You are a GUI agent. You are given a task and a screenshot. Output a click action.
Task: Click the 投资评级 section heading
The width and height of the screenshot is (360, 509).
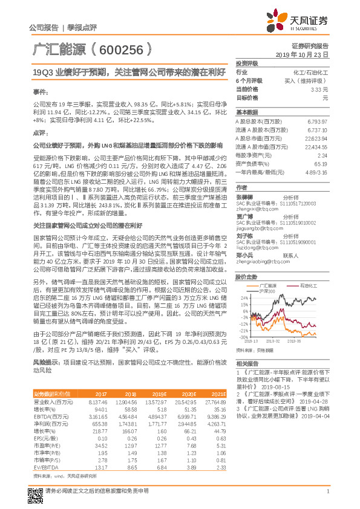247,63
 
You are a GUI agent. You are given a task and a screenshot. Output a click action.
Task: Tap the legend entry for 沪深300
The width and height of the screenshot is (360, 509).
267,292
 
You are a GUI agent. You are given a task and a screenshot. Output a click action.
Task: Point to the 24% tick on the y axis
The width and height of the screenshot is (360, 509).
244,298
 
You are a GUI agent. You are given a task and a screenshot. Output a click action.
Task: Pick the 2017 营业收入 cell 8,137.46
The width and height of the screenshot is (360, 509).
99,401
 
